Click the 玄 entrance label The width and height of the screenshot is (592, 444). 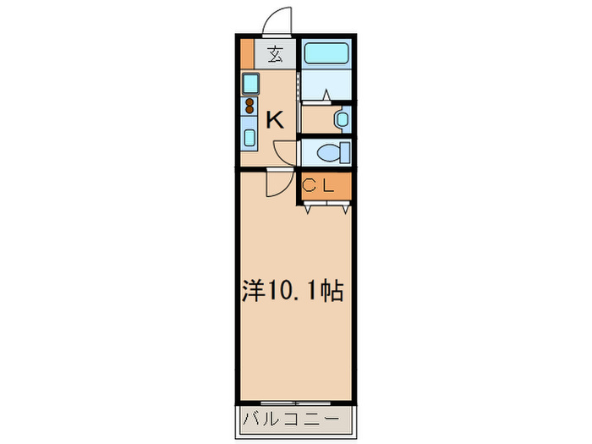point(276,56)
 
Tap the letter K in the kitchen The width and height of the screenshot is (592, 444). point(275,120)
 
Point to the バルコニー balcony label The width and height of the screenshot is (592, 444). point(292,419)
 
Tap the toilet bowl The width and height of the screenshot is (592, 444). point(332,152)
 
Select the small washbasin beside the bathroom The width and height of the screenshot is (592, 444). point(341,119)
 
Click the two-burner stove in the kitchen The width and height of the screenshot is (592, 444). point(250,106)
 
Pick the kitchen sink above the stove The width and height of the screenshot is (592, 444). point(250,84)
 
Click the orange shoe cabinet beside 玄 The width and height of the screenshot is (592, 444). point(246,54)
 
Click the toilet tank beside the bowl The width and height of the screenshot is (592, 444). point(345,152)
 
